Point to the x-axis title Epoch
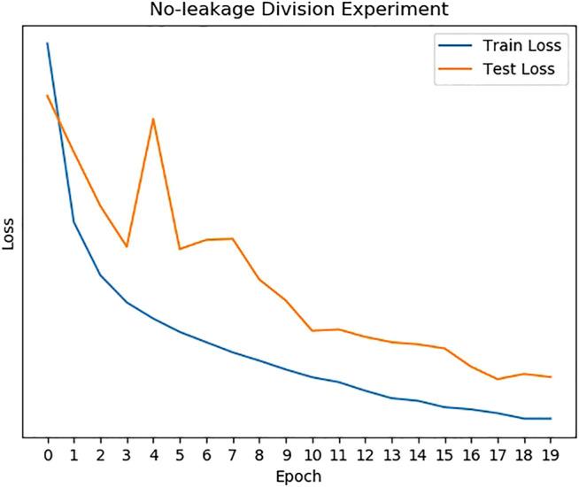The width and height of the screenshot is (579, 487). point(298,476)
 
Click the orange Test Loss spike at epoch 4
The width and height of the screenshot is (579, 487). point(153,119)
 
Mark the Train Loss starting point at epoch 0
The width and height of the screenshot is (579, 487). point(48,43)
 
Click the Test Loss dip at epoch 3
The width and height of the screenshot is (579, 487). point(127,246)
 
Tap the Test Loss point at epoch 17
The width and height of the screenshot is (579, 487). point(498,379)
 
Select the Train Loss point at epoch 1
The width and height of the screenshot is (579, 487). point(74,222)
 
